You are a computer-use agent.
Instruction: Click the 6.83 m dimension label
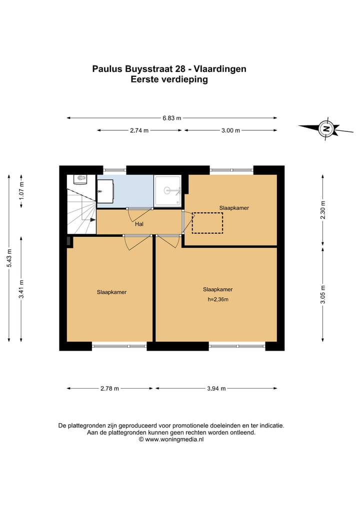172,118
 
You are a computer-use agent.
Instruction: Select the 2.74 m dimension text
139,130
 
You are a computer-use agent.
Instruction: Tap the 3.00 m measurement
230,130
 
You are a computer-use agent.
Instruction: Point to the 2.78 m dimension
109,389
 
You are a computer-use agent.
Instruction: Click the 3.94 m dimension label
216,389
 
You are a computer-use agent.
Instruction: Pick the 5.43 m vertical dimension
9,258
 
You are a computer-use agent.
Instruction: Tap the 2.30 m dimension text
322,210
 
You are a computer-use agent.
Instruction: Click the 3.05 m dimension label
322,295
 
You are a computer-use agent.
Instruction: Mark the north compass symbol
326,128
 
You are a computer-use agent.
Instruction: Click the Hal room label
139,224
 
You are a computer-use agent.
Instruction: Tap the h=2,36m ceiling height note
218,300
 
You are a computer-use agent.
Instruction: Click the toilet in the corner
80,180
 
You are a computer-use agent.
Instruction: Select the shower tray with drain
167,190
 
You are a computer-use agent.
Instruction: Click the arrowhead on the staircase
93,219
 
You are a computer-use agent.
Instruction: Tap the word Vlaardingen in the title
220,69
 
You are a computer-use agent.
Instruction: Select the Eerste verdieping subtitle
169,79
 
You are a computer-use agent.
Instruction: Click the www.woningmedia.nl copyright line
171,440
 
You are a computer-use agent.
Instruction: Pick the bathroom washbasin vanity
105,191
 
